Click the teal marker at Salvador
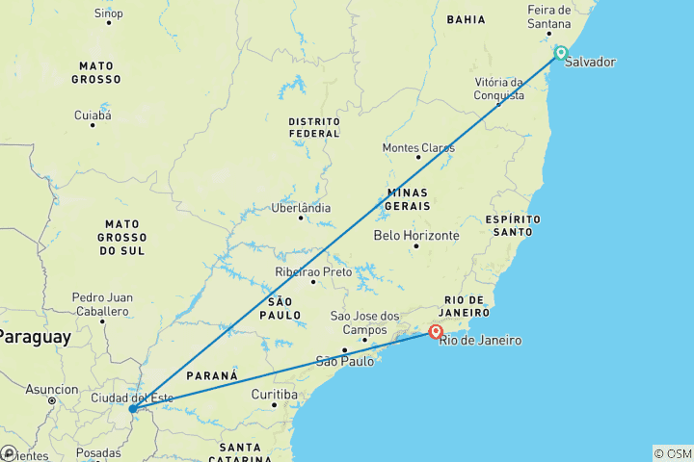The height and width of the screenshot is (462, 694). point(560,53)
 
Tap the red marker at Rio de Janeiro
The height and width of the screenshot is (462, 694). point(436,332)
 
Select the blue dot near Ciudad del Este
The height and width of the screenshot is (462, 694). point(132,409)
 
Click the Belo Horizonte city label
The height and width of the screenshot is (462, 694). point(416,235)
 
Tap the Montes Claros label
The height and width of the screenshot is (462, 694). point(418,148)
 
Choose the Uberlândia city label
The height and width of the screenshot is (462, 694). point(301,208)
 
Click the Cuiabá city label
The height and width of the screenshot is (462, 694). point(93,115)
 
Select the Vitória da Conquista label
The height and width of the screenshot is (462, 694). point(499,90)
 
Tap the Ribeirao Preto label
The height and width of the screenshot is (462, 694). point(312,272)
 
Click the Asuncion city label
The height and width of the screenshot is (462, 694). point(52,390)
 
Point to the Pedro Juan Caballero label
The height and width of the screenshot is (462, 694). point(101,304)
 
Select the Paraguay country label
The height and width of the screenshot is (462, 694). point(35,337)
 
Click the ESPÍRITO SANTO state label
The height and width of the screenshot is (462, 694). point(514,225)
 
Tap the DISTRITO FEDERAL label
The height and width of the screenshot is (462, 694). point(313,127)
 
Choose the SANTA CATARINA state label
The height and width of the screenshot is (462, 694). point(241,452)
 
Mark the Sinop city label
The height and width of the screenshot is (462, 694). point(108,13)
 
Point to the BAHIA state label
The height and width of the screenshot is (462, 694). point(466,19)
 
